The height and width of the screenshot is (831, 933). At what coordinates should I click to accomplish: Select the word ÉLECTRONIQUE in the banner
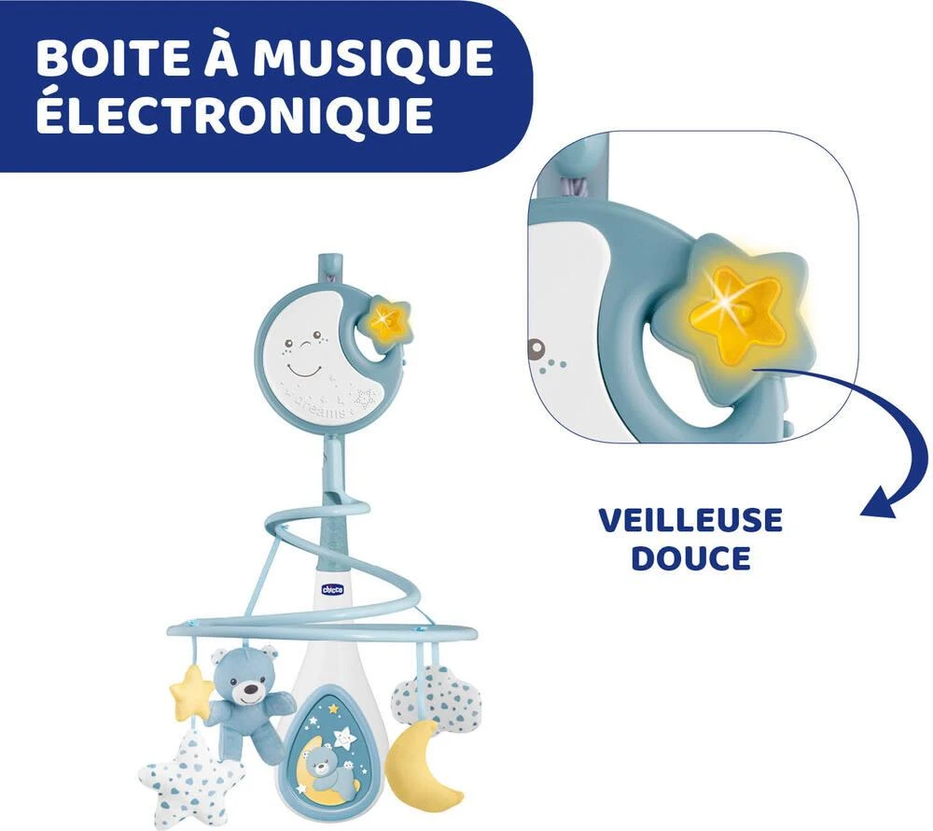234,114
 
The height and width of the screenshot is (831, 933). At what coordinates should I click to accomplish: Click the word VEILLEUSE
690,520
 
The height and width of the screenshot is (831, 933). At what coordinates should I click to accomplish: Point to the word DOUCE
690,557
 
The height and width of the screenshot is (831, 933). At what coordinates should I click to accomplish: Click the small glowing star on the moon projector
385,318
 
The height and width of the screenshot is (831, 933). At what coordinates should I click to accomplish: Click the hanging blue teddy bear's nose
250,691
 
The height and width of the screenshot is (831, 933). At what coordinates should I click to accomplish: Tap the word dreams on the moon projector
326,409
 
